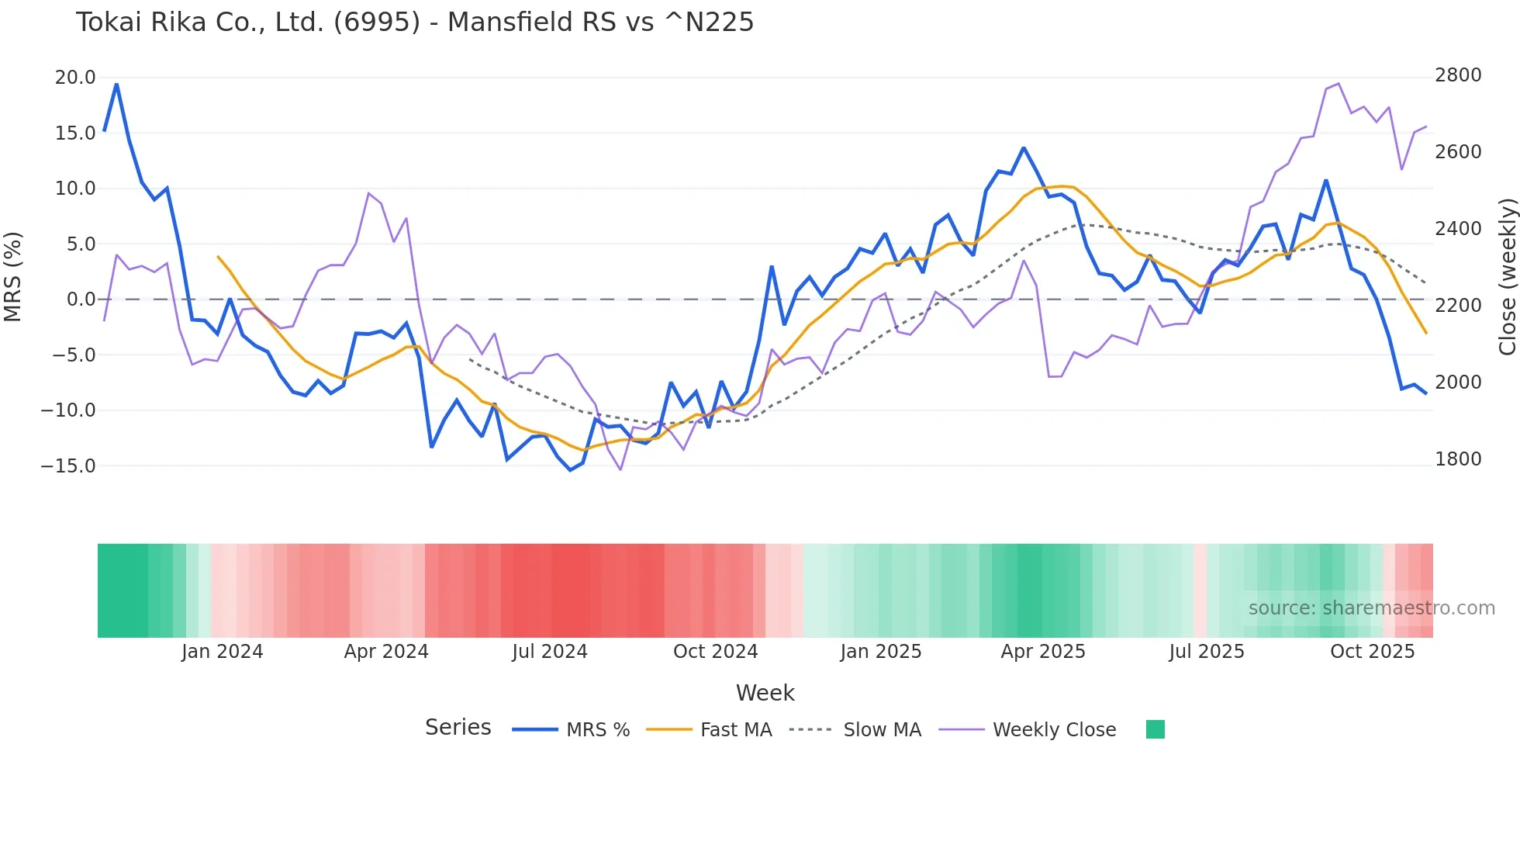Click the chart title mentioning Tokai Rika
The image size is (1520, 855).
point(414,22)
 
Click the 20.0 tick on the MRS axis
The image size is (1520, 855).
point(75,78)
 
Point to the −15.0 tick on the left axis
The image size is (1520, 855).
point(68,466)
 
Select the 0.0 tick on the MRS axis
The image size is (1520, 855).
point(81,299)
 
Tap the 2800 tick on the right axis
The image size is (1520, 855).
point(1458,75)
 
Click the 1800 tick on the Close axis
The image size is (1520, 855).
point(1458,459)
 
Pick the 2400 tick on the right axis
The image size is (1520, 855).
point(1458,229)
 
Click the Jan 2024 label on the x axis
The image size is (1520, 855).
point(223,652)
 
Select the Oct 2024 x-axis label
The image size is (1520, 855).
point(715,652)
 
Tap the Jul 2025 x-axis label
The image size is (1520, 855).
point(1207,652)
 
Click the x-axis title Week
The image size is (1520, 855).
point(765,693)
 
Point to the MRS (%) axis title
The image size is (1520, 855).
point(13,276)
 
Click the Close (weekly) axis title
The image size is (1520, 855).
point(1507,277)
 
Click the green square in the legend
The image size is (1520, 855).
point(1155,729)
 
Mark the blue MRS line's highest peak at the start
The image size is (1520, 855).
point(116,85)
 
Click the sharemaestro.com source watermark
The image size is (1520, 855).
point(1371,608)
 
